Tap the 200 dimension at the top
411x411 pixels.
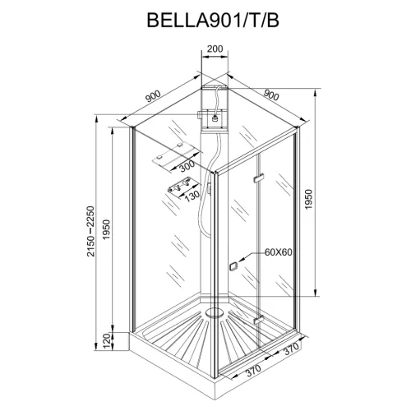215,49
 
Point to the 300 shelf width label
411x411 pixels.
187,166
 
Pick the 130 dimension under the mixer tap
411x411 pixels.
192,196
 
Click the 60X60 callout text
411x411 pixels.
279,252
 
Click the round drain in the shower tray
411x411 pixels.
216,312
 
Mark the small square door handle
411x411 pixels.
234,266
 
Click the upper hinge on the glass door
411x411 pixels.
258,179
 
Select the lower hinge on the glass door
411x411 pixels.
258,318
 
